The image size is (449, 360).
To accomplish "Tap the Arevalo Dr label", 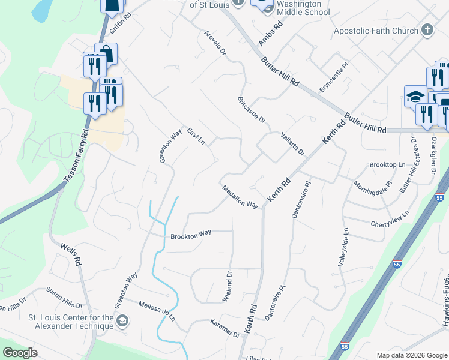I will pos(214,43).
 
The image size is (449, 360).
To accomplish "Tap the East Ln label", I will pos(196,136).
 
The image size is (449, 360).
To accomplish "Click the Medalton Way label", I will pos(240,196).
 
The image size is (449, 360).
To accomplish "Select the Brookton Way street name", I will pos(191,236).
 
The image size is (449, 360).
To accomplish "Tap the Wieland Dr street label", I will pos(229,286).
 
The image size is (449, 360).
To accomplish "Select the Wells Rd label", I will pos(70,254).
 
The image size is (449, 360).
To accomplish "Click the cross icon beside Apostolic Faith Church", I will pos(427,31).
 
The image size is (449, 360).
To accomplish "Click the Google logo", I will pos(20,353).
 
